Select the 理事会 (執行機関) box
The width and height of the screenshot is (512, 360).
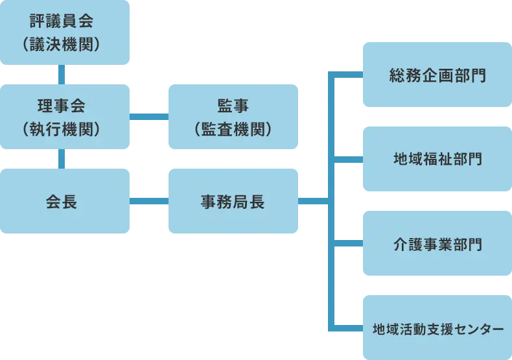pyautogui.click(x=62, y=116)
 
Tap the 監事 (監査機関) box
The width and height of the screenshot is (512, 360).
pyautogui.click(x=233, y=116)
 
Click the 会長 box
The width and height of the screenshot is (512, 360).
pyautogui.click(x=62, y=201)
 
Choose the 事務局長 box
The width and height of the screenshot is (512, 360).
pyautogui.click(x=233, y=201)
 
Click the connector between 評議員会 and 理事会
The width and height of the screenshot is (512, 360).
pyautogui.click(x=62, y=74)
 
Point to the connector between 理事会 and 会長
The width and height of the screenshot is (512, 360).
pyautogui.click(x=62, y=158)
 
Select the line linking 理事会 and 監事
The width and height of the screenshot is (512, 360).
pyautogui.click(x=148, y=117)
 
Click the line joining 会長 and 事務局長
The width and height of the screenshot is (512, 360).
pyautogui.click(x=148, y=202)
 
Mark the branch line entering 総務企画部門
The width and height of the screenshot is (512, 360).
pyautogui.click(x=349, y=73)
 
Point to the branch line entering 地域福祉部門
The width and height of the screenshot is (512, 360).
pyautogui.click(x=349, y=160)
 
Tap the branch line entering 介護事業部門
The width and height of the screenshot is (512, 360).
pyautogui.click(x=349, y=244)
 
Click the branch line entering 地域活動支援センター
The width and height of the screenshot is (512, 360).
pyautogui.click(x=349, y=328)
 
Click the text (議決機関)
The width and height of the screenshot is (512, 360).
pyautogui.click(x=62, y=44)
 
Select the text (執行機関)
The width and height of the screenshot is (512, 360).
pyautogui.click(x=62, y=129)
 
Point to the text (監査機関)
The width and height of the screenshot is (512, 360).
pyautogui.click(x=233, y=129)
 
